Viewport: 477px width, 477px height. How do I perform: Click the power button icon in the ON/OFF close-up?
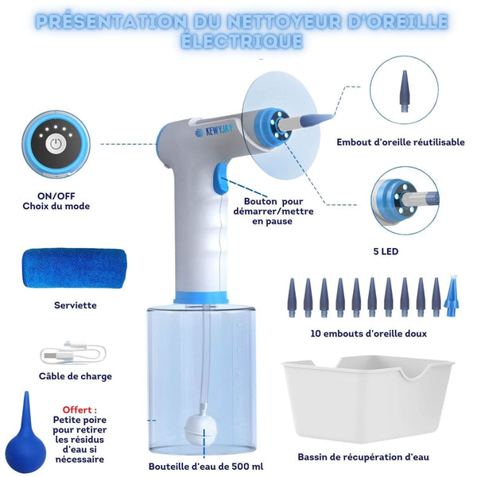coord(56,144)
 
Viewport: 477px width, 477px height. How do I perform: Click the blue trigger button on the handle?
coord(221,178)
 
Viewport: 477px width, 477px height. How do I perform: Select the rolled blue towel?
coord(75,269)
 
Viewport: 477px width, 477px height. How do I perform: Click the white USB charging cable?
coord(73,353)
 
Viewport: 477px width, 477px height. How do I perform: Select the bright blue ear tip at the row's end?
coord(452,296)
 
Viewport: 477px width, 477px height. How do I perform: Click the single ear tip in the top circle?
coord(405,91)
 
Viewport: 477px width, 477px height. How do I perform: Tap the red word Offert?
coord(79,409)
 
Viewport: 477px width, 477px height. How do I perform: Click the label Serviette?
coord(76,305)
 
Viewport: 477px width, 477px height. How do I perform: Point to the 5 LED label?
coord(386,251)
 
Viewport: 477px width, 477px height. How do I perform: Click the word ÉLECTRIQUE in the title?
coord(242,41)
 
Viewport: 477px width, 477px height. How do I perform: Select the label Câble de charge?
coord(76,376)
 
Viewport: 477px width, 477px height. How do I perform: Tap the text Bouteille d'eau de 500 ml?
coord(206,467)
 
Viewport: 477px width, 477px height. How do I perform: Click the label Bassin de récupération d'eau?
coord(363,457)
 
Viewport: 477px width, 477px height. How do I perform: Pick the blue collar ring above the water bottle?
coord(201,297)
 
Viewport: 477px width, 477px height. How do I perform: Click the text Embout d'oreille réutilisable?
coord(401,142)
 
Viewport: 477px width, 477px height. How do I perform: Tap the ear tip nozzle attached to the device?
coord(307,121)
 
